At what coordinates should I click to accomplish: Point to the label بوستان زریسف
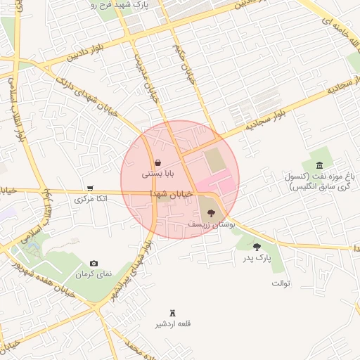click(210, 224)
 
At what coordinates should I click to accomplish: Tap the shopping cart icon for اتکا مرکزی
click(91, 188)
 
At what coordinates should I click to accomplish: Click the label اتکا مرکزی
click(91, 200)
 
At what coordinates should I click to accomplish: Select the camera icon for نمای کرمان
click(94, 263)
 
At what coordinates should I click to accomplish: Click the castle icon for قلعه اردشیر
click(173, 313)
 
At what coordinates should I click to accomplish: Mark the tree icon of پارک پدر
click(257, 247)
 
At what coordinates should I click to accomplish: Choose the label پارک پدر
click(255, 259)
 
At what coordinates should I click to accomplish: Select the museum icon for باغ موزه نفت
click(320, 165)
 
